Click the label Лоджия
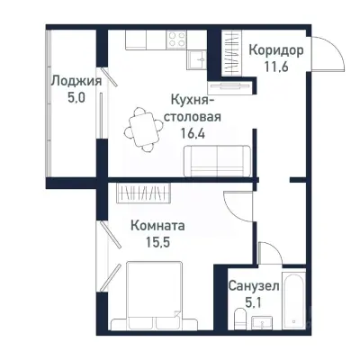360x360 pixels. [76, 80]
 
